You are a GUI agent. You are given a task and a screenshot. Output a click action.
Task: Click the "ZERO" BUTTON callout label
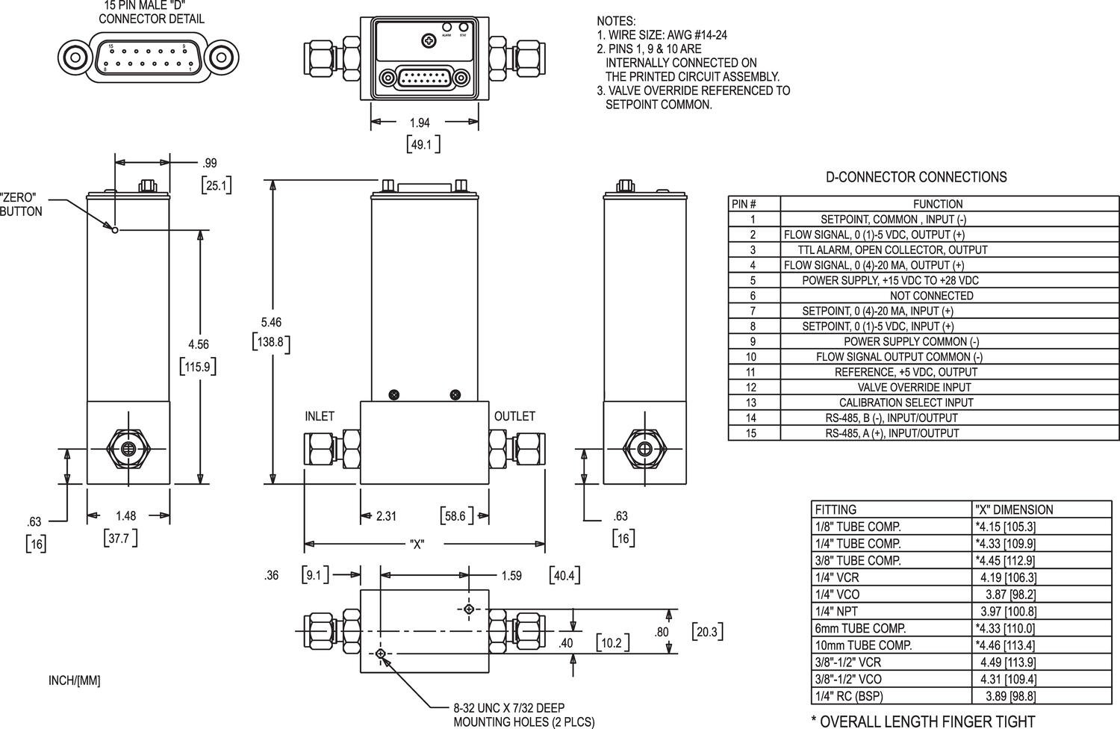[x=21, y=205]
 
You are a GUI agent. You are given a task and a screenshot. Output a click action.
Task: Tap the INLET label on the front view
[x=320, y=416]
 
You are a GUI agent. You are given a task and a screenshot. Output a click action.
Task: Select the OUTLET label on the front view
[x=514, y=416]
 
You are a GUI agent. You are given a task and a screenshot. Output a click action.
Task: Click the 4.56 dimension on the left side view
[x=198, y=344]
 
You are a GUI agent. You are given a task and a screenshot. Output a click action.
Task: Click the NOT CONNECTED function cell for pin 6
[x=931, y=296]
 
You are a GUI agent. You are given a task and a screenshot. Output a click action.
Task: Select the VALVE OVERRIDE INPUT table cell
[x=914, y=387]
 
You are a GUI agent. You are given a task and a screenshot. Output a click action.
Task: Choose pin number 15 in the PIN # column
[x=752, y=433]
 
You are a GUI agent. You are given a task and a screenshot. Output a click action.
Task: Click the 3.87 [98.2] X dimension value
[x=1005, y=595]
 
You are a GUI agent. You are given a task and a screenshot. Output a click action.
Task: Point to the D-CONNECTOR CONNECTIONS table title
[x=915, y=177]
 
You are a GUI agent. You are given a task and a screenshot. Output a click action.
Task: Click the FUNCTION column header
[x=938, y=204]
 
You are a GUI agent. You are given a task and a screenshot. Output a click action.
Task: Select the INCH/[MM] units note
[x=74, y=680]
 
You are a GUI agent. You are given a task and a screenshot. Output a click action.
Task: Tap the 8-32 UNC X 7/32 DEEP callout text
[x=509, y=708]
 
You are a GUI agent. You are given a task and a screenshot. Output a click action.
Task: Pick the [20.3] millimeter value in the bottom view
[x=706, y=632]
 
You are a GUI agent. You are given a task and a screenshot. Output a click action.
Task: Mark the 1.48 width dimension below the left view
[x=126, y=515]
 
